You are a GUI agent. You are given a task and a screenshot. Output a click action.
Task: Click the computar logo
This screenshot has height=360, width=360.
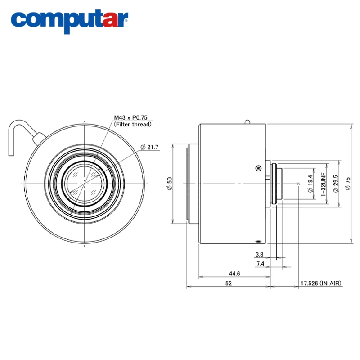[x=70, y=20]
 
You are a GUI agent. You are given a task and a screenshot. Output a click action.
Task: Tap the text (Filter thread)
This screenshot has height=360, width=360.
[x=132, y=124]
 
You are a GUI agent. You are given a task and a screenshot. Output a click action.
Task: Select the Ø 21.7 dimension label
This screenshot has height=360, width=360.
[x=150, y=147]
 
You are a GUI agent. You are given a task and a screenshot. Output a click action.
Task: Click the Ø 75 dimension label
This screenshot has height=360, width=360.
[x=348, y=184]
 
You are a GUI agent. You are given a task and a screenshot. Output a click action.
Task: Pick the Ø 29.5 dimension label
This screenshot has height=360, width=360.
[x=335, y=184]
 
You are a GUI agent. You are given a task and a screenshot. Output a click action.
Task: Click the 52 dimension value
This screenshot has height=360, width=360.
[x=229, y=283]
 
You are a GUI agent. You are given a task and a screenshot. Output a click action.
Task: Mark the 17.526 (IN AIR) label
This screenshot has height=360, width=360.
[x=321, y=283]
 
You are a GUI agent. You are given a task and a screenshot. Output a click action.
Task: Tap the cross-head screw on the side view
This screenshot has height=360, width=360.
[x=258, y=168]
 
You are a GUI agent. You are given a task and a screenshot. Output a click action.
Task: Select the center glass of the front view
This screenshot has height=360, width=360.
[x=85, y=184]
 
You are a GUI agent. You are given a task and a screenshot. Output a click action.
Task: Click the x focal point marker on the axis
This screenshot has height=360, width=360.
[x=299, y=184]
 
